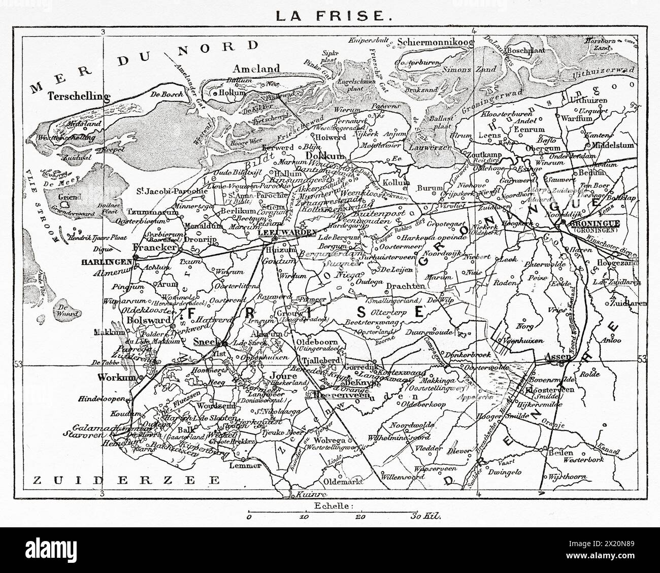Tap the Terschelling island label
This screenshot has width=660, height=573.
pyautogui.click(x=80, y=96)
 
